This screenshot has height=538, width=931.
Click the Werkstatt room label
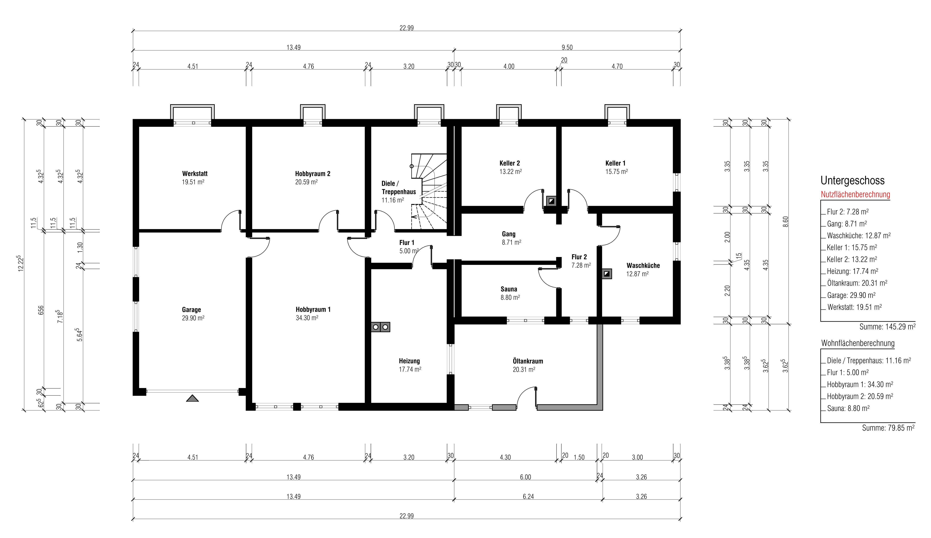[x=195, y=173]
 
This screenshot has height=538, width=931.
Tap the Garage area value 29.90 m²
[x=193, y=318]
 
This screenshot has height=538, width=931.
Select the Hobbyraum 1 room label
[x=313, y=309]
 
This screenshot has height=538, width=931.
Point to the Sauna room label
[x=509, y=289]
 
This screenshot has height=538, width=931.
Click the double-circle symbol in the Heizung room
[x=380, y=327]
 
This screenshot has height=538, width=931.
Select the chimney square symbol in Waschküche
[x=607, y=274]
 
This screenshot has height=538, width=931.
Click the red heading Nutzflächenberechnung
[x=855, y=194]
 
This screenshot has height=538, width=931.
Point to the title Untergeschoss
[x=852, y=180]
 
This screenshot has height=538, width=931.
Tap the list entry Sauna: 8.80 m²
[x=848, y=408]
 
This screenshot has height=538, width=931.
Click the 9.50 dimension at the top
[x=567, y=47]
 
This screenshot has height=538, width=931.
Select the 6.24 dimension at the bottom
[x=528, y=497]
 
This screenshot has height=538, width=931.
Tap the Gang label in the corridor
[x=509, y=234]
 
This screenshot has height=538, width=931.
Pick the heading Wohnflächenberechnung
[x=858, y=343]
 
